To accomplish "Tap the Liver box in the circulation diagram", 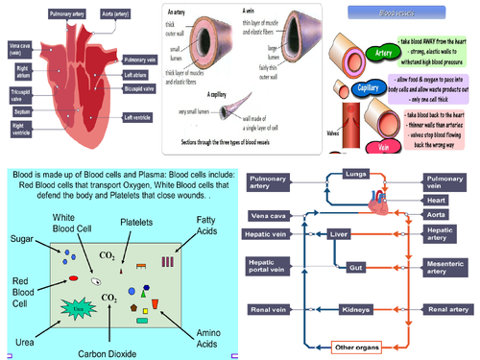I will click(337, 233).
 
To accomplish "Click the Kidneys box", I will click(355, 309).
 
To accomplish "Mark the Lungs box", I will click(356, 174).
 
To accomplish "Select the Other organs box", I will click(355, 346).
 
